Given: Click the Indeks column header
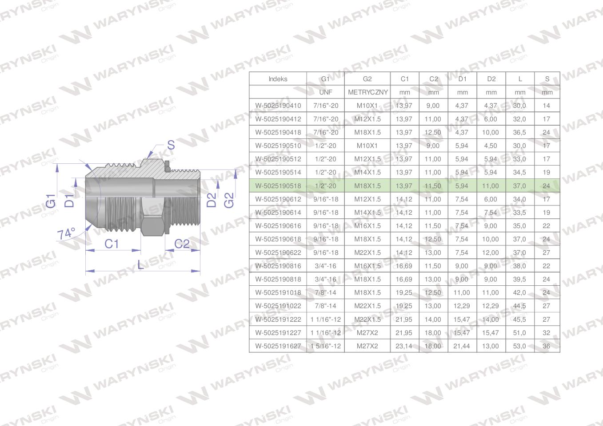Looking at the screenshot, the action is click(x=278, y=79).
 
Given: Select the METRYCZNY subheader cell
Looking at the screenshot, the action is click(x=368, y=92).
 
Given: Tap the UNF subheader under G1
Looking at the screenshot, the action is click(x=325, y=92).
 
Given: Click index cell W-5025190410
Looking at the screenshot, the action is click(x=278, y=106).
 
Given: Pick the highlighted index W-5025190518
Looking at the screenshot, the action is click(x=278, y=186).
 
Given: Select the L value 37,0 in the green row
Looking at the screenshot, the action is click(x=519, y=186).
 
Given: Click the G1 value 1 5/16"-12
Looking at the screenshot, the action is click(x=326, y=346).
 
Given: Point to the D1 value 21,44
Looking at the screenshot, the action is click(x=461, y=346).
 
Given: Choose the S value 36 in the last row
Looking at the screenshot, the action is click(x=546, y=346).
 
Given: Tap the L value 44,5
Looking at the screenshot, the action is click(x=519, y=306).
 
